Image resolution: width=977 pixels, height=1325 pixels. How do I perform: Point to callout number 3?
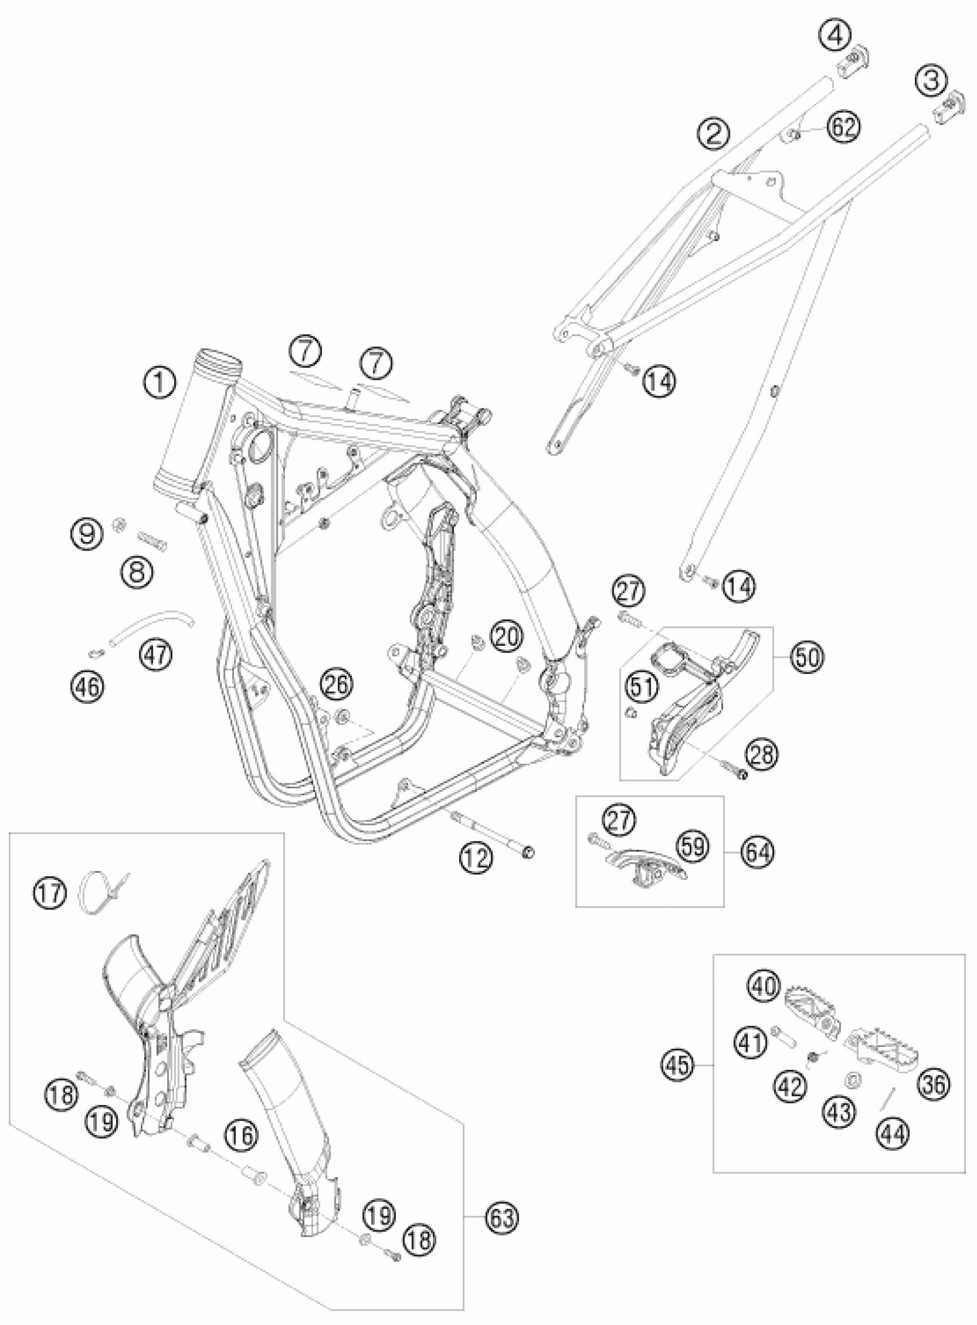[932, 81]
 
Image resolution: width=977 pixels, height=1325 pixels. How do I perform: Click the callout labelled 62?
[843, 127]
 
